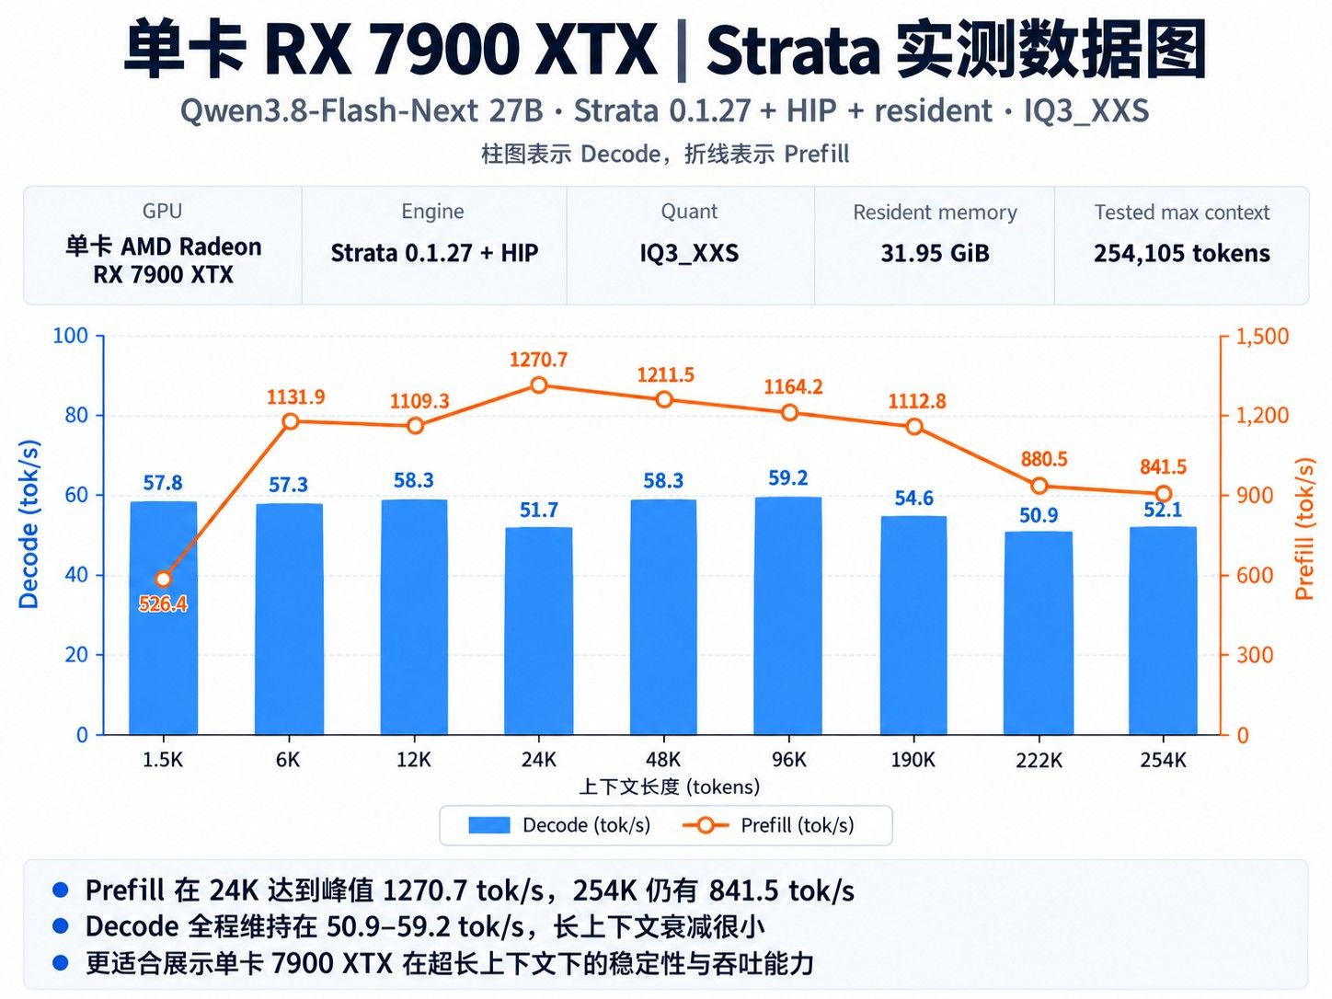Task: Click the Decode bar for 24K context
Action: pos(539,631)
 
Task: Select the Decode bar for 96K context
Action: pos(787,615)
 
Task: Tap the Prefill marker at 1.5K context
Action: pos(163,580)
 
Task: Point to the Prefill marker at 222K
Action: pos(1039,486)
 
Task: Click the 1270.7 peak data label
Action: pos(538,360)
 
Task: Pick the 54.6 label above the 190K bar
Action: pos(913,498)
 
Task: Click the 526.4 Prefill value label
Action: pos(163,603)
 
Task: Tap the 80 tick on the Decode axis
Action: pos(76,416)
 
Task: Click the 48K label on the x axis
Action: pos(663,760)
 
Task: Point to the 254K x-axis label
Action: pos(1163,760)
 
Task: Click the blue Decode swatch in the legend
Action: pos(489,825)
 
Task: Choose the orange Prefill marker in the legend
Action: pos(706,825)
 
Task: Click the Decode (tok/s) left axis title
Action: pos(29,523)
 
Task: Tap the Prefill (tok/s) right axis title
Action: pos(1304,529)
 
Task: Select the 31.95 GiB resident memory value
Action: pos(935,253)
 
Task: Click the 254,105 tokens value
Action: pos(1181,253)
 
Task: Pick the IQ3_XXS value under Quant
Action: pos(689,253)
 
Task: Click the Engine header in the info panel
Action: pos(432,212)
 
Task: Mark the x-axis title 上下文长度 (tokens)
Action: pos(670,787)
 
